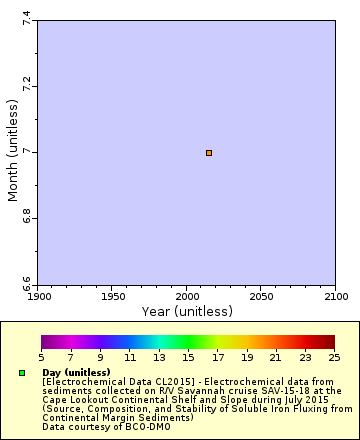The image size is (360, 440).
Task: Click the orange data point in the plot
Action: [x=209, y=153]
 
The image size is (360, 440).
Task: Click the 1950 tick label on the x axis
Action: [x=113, y=297]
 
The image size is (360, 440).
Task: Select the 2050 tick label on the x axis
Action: [x=261, y=297]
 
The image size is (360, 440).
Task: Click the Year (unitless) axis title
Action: [x=187, y=312]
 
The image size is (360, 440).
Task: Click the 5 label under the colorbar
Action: [x=41, y=357]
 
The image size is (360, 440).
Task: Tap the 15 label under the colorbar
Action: [x=188, y=357]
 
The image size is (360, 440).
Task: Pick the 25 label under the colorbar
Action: [x=334, y=357]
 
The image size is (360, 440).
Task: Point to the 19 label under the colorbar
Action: [x=246, y=357]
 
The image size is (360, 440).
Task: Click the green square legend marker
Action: [x=22, y=373]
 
